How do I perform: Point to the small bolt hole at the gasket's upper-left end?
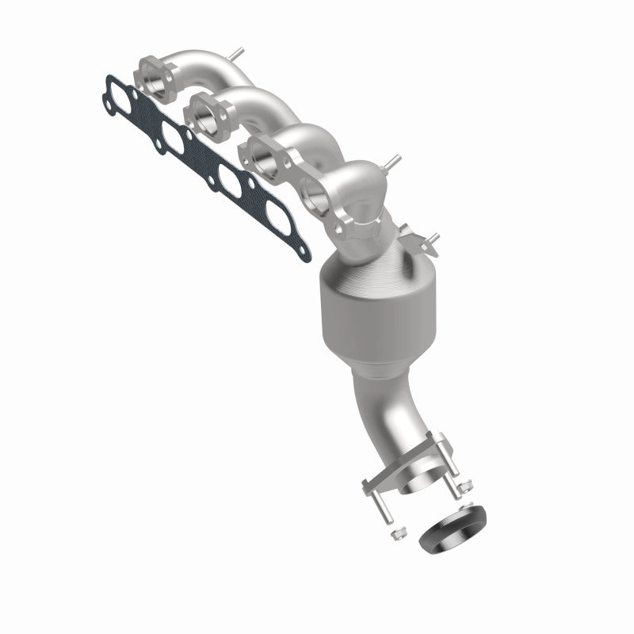[108, 81]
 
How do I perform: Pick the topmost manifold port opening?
[155, 76]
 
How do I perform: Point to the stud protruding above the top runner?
[237, 54]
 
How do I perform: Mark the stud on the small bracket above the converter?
[432, 238]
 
